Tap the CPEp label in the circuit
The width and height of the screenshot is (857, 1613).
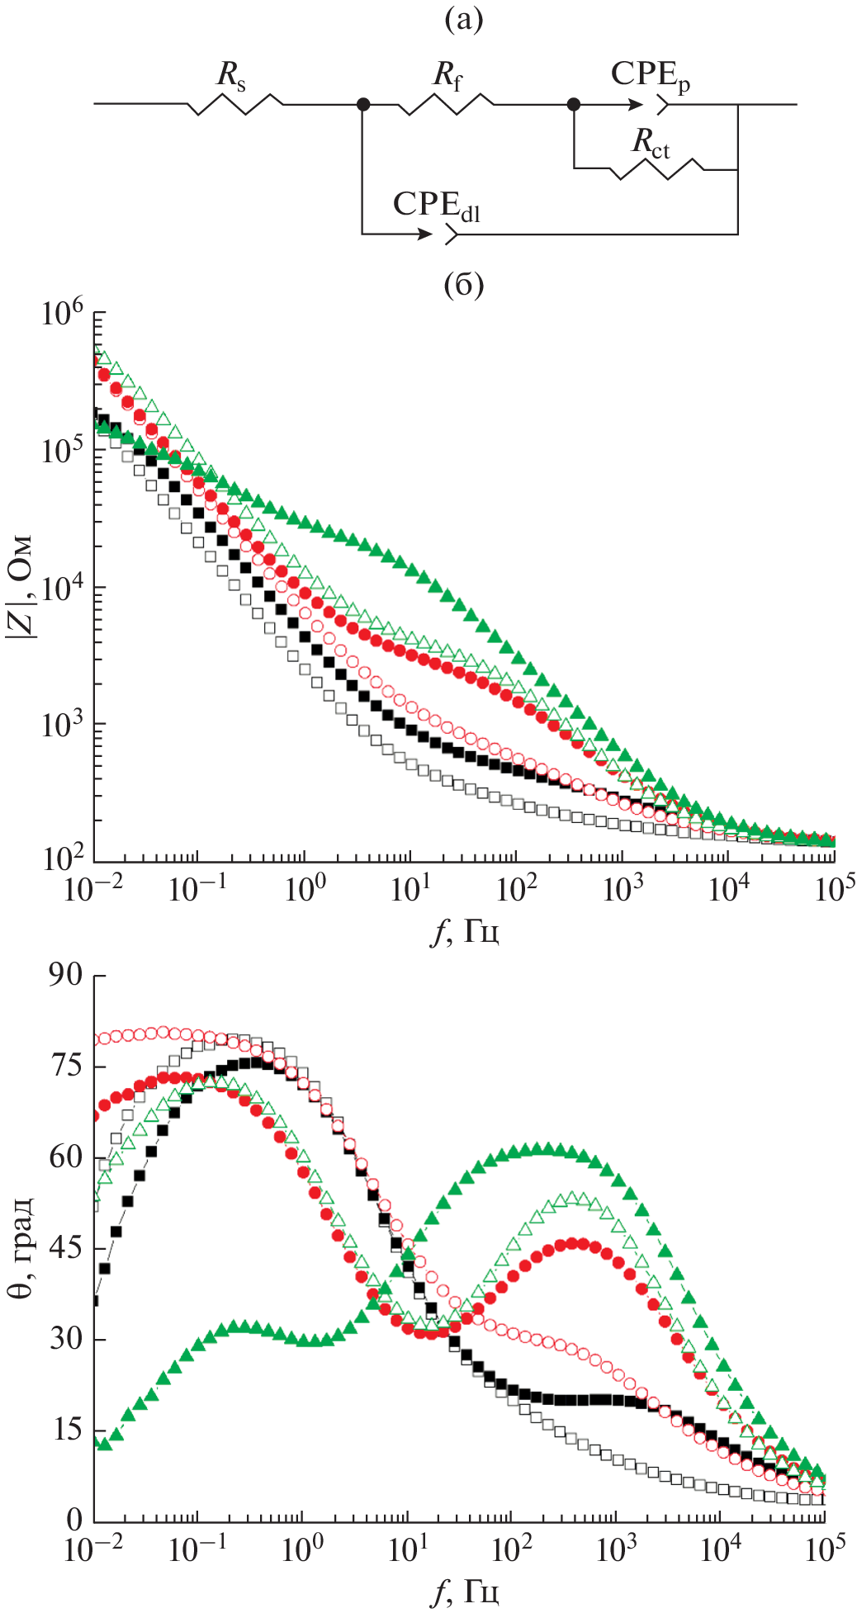651,76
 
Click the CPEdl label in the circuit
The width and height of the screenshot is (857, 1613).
436,206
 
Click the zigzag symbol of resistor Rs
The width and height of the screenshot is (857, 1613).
236,104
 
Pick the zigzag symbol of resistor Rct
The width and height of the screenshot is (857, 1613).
656,169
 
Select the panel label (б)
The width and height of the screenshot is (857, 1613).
463,286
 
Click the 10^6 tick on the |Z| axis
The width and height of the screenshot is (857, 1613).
63,314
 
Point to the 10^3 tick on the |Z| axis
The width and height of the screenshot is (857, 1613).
63,725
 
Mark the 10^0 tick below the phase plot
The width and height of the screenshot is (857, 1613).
302,1549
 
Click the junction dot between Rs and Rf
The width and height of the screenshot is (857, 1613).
362,104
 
